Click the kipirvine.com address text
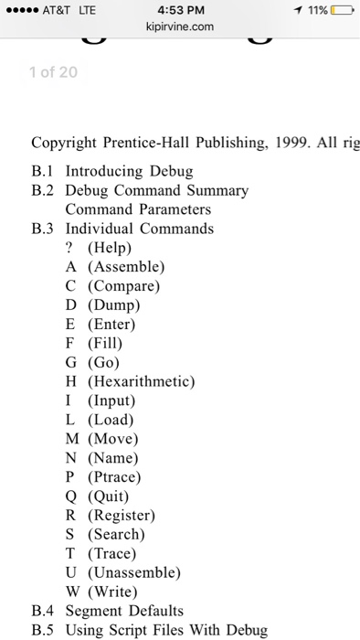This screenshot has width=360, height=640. (180, 27)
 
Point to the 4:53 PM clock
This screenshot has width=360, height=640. (180, 9)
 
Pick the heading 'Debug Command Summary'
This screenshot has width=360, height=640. (156, 190)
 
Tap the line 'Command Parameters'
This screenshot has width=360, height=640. (138, 209)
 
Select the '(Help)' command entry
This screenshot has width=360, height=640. (110, 248)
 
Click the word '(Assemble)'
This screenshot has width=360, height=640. (126, 267)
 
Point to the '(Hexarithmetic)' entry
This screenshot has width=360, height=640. (142, 381)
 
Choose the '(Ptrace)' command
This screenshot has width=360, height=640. (114, 476)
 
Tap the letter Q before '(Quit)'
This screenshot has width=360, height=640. (70, 496)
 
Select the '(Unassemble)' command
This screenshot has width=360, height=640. (133, 572)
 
